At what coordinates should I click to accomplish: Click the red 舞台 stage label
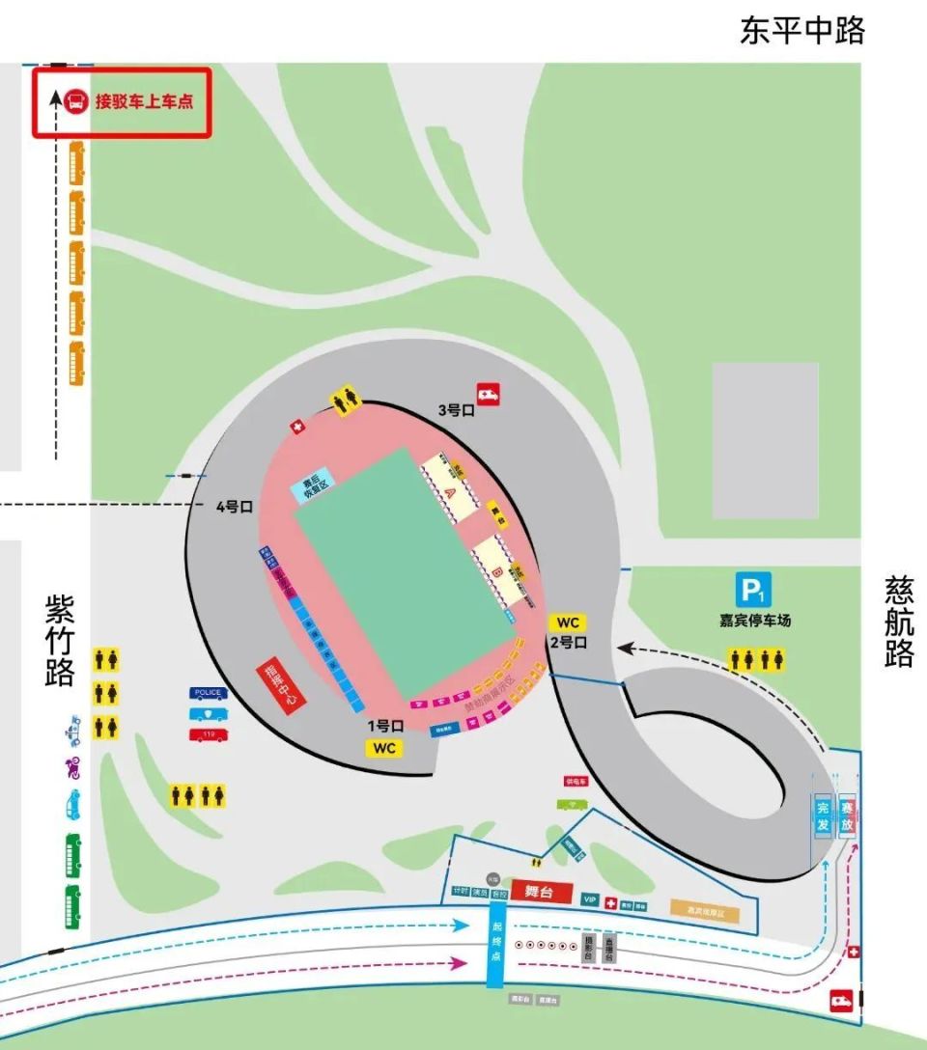(542, 892)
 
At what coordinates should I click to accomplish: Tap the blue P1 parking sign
(753, 590)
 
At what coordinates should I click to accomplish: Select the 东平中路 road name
(801, 30)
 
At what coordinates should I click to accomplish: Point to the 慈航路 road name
(898, 622)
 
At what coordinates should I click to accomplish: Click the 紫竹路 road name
(60, 639)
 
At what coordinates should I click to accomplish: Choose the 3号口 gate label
(457, 409)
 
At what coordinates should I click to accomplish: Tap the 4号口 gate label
(233, 507)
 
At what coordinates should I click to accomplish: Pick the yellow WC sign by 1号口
(384, 748)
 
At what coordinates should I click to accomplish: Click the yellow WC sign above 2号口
(568, 622)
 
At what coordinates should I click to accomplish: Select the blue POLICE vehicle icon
(209, 693)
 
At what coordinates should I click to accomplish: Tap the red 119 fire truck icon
(209, 734)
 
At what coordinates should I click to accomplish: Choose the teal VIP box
(590, 899)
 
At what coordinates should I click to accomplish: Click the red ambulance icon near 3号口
(488, 394)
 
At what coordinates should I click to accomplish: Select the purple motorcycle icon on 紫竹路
(72, 768)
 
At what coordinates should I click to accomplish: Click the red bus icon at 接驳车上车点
(76, 100)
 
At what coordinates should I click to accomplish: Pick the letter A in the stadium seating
(448, 491)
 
